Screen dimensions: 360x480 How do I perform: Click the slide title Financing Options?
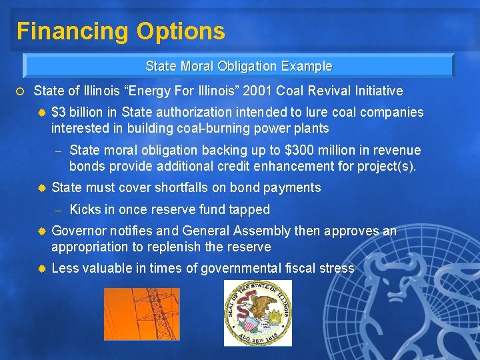point(121,31)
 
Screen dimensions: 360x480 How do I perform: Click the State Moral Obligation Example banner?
point(238,66)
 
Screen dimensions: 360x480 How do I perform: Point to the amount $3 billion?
point(73,112)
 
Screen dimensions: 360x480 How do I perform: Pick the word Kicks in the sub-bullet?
point(84,209)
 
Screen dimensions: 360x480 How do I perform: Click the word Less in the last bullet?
point(65,268)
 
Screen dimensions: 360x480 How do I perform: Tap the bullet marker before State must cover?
point(41,189)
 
